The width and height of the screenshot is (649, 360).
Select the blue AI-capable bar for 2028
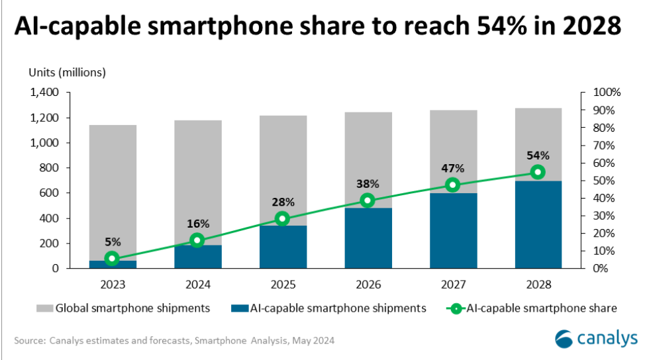[538, 225]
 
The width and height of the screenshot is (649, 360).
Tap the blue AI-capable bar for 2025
[283, 248]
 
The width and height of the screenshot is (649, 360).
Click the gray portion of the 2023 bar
[113, 192]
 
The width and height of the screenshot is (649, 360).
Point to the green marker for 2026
[368, 201]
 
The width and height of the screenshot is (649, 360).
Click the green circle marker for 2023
[113, 259]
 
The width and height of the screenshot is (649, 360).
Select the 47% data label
[453, 167]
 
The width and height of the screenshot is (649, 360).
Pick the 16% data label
[197, 223]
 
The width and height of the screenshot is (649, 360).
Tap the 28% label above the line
[283, 201]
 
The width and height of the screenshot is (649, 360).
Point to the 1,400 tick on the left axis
[44, 92]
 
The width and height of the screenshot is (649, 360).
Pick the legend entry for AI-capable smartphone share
[534, 308]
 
